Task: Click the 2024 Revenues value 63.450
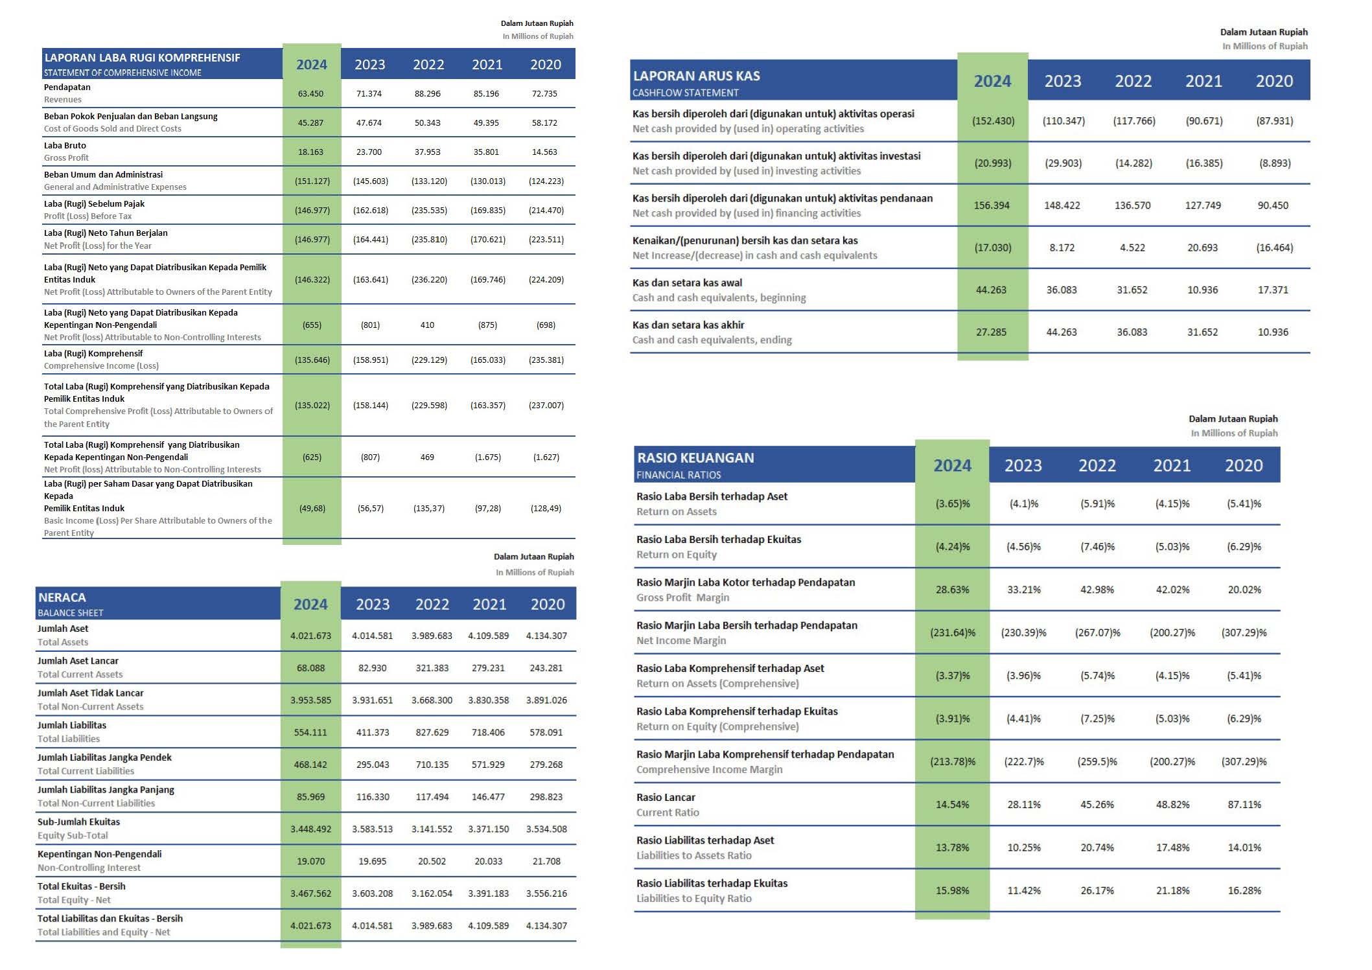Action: [310, 93]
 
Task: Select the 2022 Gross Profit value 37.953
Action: [427, 152]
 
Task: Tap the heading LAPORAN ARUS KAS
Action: [696, 76]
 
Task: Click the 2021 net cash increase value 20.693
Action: [1202, 248]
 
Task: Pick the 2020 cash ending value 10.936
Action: [1273, 332]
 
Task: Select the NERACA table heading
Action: [62, 597]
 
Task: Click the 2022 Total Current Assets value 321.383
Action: [432, 668]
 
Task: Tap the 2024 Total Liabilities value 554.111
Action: [310, 732]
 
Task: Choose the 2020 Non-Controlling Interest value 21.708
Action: [546, 861]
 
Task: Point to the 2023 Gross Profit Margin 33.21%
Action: [1024, 590]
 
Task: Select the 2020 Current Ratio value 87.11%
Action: [1244, 805]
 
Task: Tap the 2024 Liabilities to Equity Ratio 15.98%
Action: [952, 890]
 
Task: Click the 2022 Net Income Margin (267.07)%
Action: [1097, 632]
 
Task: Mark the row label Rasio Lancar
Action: [666, 798]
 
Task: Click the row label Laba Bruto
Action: [65, 146]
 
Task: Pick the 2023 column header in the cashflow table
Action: [1063, 81]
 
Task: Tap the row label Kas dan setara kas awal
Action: [687, 283]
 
